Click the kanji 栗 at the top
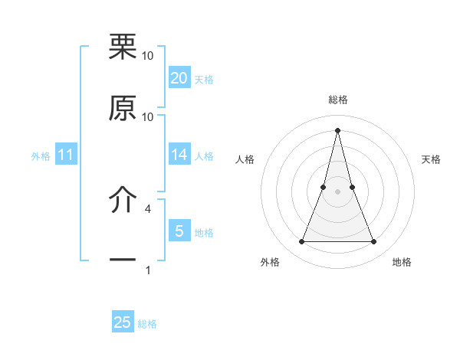(123, 47)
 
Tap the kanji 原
(123, 109)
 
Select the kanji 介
(123, 201)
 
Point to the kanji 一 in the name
(123, 260)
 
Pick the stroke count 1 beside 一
(148, 270)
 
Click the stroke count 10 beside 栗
(148, 56)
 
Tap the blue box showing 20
(179, 78)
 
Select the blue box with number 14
(179, 155)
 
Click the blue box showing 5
(179, 231)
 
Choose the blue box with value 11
(66, 155)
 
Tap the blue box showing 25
(123, 323)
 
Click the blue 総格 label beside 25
(147, 324)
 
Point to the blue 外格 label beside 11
(41, 156)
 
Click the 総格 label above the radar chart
(338, 100)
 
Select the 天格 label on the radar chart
(432, 159)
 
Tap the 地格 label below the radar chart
(402, 263)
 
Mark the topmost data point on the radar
(338, 129)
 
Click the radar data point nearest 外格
(302, 242)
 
